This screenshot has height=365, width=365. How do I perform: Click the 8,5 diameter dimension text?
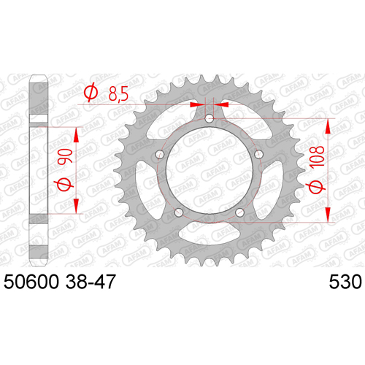118,94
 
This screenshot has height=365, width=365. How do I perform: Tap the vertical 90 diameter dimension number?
65,156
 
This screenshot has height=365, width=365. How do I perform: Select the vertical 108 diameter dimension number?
317,157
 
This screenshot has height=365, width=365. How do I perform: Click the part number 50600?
31,282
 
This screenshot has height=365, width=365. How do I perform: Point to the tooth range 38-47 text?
90,282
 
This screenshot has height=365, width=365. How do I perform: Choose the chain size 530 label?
345,282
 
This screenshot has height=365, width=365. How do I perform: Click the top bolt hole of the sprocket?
210,119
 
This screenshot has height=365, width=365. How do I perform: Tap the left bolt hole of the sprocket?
160,154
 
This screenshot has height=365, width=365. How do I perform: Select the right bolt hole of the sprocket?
258,154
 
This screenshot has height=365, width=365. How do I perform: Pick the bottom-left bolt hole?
179,212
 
